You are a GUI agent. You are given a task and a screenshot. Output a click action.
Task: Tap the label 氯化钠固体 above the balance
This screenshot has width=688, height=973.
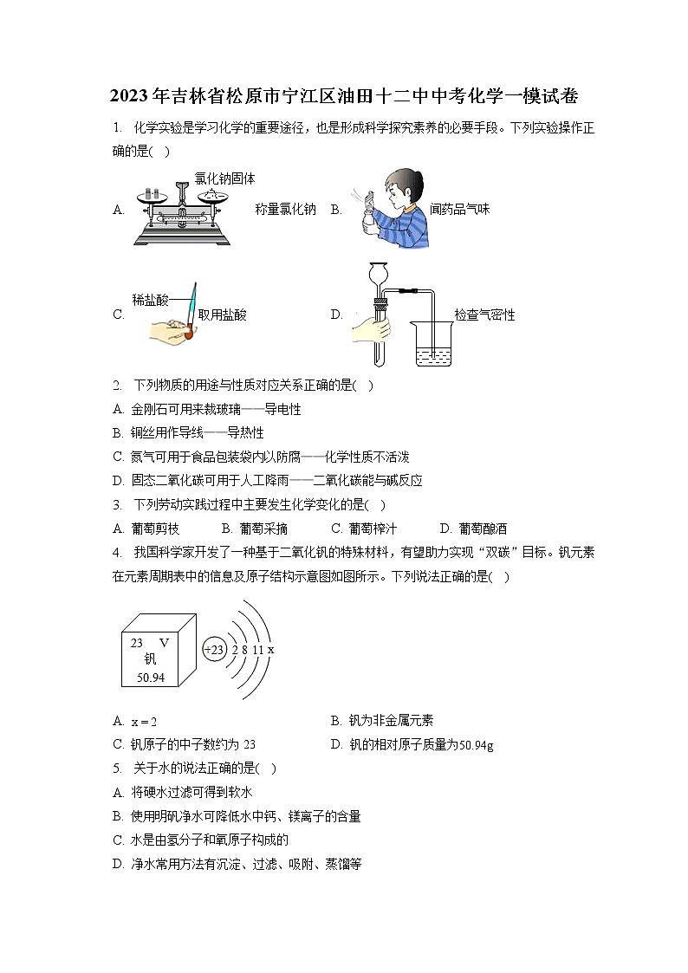click(224, 178)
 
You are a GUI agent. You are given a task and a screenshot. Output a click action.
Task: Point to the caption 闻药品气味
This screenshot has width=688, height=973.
click(459, 209)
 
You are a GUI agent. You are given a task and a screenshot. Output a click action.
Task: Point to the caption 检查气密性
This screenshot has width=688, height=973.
click(484, 315)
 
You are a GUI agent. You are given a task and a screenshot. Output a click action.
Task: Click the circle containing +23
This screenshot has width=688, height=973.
click(213, 648)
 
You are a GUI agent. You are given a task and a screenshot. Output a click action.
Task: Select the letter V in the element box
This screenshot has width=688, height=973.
click(163, 643)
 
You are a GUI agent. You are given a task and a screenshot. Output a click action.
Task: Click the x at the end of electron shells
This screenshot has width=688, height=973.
click(270, 648)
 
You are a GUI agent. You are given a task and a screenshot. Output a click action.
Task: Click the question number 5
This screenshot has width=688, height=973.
click(116, 767)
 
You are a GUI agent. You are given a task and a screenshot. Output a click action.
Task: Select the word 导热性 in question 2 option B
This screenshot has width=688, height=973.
click(245, 431)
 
